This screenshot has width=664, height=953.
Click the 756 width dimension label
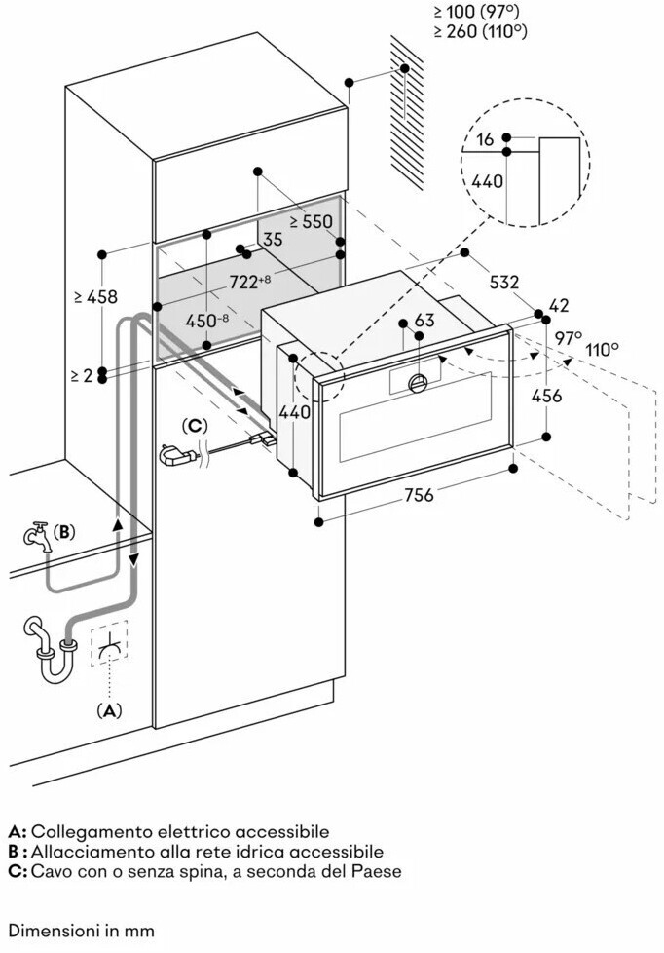click(419, 496)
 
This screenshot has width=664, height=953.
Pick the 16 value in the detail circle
click(486, 140)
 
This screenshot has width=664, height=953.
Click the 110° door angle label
click(602, 348)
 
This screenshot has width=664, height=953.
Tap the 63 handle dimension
click(424, 320)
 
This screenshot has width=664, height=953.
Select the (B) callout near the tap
click(63, 532)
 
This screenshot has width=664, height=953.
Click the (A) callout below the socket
click(110, 711)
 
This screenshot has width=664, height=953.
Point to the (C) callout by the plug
click(196, 426)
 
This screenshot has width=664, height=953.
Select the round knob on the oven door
click(419, 381)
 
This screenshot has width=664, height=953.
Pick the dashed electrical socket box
click(111, 643)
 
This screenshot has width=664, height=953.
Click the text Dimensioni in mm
click(82, 931)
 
